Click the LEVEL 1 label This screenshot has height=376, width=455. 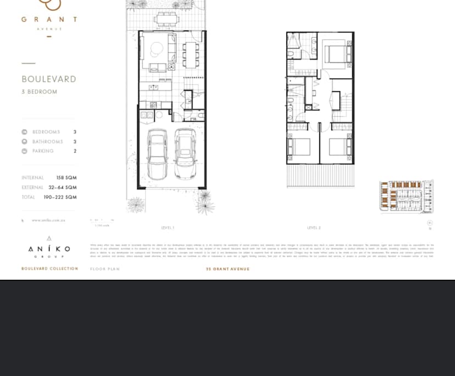click(168, 228)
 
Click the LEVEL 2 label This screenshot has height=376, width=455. click(314, 228)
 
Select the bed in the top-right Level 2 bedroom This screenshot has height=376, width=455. click(334, 54)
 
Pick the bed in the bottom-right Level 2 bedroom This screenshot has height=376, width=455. click(340, 147)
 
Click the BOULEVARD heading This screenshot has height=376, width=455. click(49, 79)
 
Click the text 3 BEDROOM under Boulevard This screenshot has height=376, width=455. click(40, 92)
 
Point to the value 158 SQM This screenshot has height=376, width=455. click(66, 178)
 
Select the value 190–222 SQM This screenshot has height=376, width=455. click(60, 197)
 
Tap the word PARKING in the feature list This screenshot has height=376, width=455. click(43, 151)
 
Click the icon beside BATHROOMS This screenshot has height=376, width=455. click(24, 142)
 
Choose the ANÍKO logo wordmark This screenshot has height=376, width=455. click(49, 249)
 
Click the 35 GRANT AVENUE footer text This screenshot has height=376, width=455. click(227, 269)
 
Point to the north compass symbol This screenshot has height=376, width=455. click(430, 223)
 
